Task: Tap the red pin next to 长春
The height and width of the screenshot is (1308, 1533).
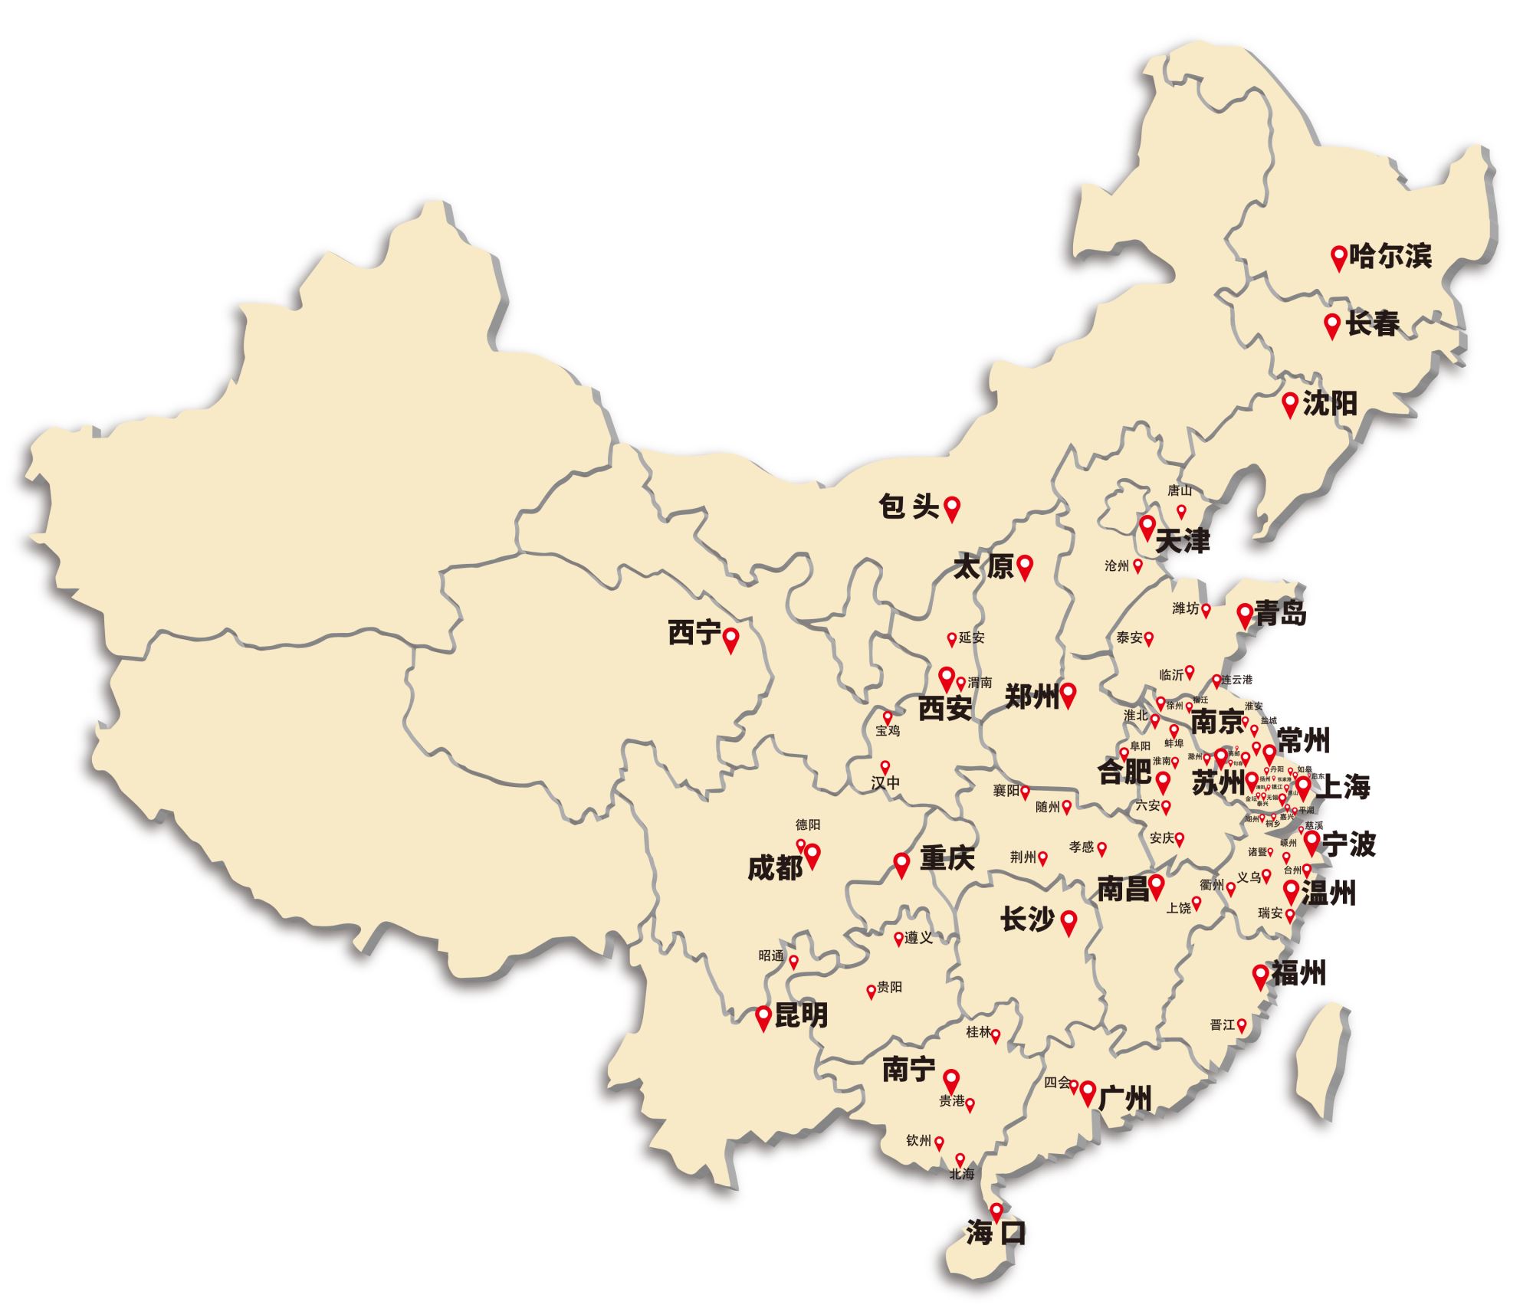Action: click(x=1332, y=324)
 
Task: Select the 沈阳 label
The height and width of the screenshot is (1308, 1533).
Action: click(x=1330, y=403)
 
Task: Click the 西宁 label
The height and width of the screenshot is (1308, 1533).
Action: click(x=694, y=633)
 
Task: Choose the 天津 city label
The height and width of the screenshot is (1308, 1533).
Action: click(x=1182, y=541)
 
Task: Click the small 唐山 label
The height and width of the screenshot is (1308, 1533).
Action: click(x=1180, y=490)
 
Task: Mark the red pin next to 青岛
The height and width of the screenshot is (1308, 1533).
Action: click(x=1244, y=613)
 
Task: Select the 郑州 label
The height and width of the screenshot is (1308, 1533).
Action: click(x=1031, y=695)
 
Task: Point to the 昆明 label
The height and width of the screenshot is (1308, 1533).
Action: click(x=801, y=1015)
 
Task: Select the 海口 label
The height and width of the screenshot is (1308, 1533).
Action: click(x=996, y=1232)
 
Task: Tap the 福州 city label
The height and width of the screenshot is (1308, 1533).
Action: click(x=1298, y=974)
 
